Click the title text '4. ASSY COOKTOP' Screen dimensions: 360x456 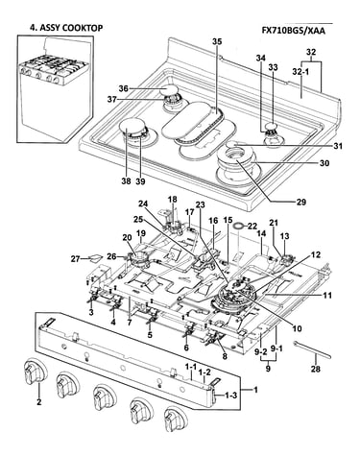66,28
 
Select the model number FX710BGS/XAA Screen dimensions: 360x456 294,31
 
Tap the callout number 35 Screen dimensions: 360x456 217,42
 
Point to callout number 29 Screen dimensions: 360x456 301,202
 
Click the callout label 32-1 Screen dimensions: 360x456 300,72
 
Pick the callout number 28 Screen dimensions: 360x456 316,369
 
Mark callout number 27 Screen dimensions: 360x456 76,259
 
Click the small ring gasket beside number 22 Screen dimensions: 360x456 238,226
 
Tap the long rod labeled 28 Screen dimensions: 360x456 312,350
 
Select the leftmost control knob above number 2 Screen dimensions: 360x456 35,372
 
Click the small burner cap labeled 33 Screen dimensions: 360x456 272,125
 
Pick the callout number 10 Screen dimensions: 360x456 297,328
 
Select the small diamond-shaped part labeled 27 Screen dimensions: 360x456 96,257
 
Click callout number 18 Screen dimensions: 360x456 173,200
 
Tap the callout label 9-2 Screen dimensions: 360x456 261,351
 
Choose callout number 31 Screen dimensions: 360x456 337,146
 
